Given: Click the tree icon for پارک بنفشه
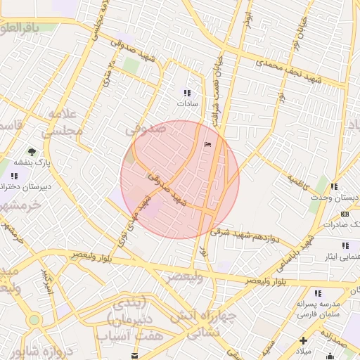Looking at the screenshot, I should [31, 151].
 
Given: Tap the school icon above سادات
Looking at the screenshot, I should [187, 93].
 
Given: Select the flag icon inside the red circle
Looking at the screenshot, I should [207, 144].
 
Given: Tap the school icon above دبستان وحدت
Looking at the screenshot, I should [334, 187].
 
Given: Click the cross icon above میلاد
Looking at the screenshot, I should [302, 340].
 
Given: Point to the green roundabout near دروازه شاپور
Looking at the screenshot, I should [33, 321].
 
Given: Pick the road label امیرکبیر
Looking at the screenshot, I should [46, 281].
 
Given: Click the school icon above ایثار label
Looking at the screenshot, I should [345, 245].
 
